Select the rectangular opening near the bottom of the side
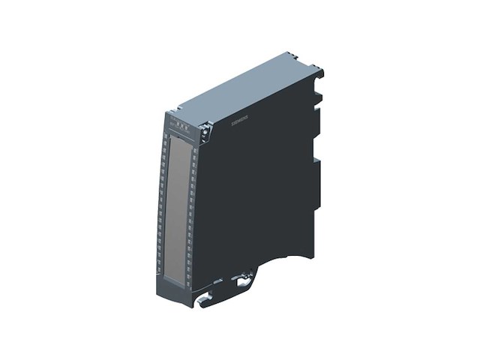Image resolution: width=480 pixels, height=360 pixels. click(x=241, y=283)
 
